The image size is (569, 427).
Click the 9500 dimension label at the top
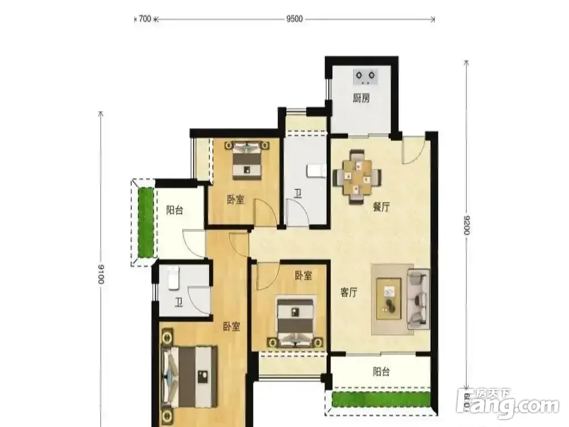(x=294, y=19)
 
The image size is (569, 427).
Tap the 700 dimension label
(x=145, y=19)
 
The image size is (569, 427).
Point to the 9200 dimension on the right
(x=467, y=225)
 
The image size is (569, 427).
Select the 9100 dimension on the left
(x=101, y=274)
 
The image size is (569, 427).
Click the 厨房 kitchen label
(x=361, y=98)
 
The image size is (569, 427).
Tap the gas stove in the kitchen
(x=365, y=77)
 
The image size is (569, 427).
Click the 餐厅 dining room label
(x=382, y=207)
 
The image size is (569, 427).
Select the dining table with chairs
(x=357, y=176)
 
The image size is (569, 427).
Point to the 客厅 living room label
(x=349, y=292)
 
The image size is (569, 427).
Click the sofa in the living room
(x=418, y=299)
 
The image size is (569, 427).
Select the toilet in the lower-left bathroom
(x=174, y=278)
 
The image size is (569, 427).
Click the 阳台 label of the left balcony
(x=175, y=210)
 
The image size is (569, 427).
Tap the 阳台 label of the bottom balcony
(x=381, y=371)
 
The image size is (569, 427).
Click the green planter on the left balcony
(x=146, y=222)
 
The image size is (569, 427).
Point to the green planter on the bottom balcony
(x=381, y=399)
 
